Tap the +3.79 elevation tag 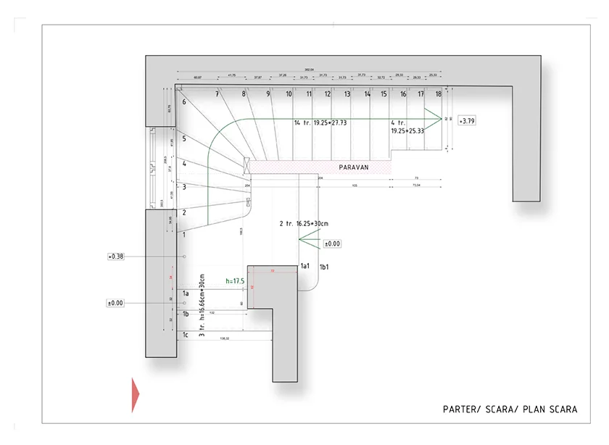[467, 121]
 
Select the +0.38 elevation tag [116, 257]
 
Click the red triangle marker [135, 395]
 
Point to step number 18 [438, 94]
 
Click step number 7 [217, 94]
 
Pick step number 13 [347, 94]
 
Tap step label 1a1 [305, 267]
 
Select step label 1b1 [325, 267]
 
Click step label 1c [186, 334]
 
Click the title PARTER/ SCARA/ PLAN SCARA [510, 409]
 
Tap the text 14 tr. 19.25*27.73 [320, 123]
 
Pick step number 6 [184, 102]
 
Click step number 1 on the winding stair [184, 235]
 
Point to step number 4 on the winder [184, 164]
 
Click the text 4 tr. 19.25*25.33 [407, 128]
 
